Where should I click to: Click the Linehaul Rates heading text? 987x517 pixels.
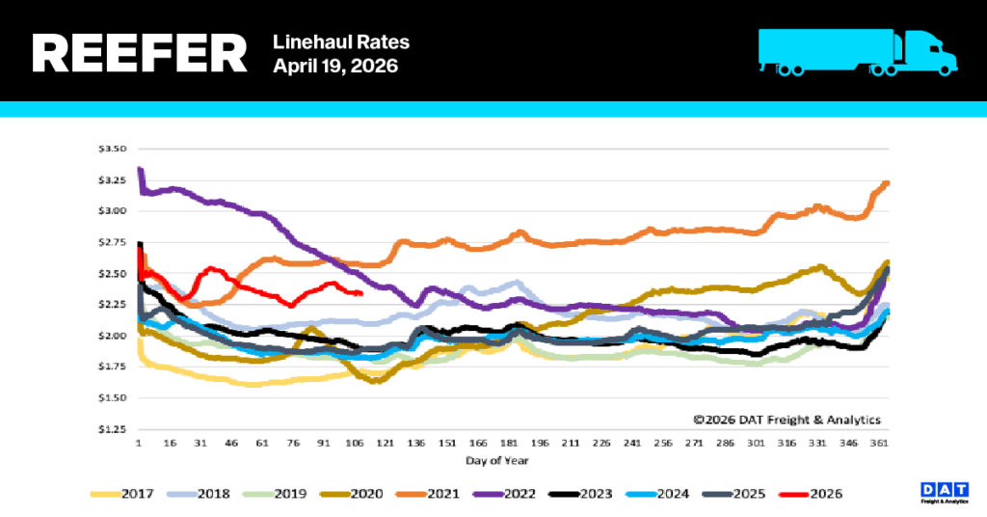pyautogui.click(x=341, y=41)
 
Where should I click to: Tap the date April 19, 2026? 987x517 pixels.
pyautogui.click(x=335, y=67)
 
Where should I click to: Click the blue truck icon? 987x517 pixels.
pyautogui.click(x=857, y=51)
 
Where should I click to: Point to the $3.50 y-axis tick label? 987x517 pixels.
pyautogui.click(x=114, y=149)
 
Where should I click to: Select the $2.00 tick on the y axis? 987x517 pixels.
pyautogui.click(x=114, y=336)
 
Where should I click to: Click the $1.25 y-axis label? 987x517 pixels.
pyautogui.click(x=114, y=428)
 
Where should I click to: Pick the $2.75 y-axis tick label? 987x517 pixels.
pyautogui.click(x=114, y=242)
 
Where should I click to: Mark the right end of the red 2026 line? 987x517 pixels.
pyautogui.click(x=360, y=293)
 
